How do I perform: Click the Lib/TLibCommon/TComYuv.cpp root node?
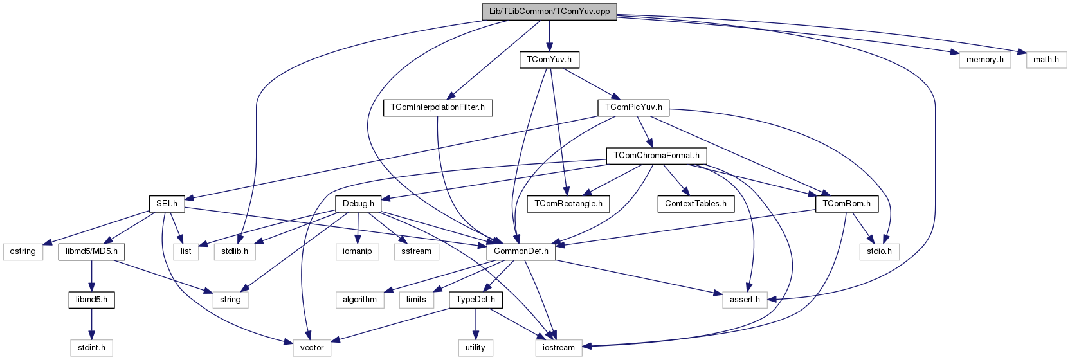549,12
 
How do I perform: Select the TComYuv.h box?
549,60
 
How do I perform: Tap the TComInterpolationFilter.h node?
437,107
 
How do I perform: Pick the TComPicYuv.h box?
633,107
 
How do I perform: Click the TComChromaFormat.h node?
656,156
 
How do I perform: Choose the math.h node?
1046,60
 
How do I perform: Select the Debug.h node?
358,204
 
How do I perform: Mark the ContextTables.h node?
695,204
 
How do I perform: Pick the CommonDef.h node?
521,251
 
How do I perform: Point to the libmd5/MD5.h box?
91,251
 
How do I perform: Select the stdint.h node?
91,348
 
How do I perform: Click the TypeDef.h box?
475,300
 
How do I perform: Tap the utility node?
475,348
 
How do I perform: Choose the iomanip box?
357,251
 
